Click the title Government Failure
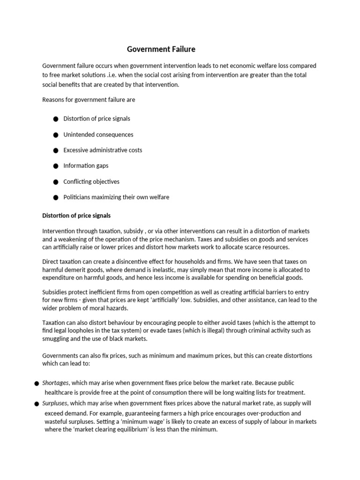[x=161, y=49]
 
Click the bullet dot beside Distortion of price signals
[x=56, y=119]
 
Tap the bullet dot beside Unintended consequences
[x=56, y=135]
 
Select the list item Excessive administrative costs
[x=103, y=150]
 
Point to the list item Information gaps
[x=86, y=166]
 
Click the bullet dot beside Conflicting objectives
[x=56, y=182]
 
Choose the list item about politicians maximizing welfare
[x=116, y=197]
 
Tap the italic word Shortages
[x=55, y=383]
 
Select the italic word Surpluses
[x=55, y=403]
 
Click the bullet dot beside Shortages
[x=37, y=384]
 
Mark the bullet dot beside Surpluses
[x=37, y=404]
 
